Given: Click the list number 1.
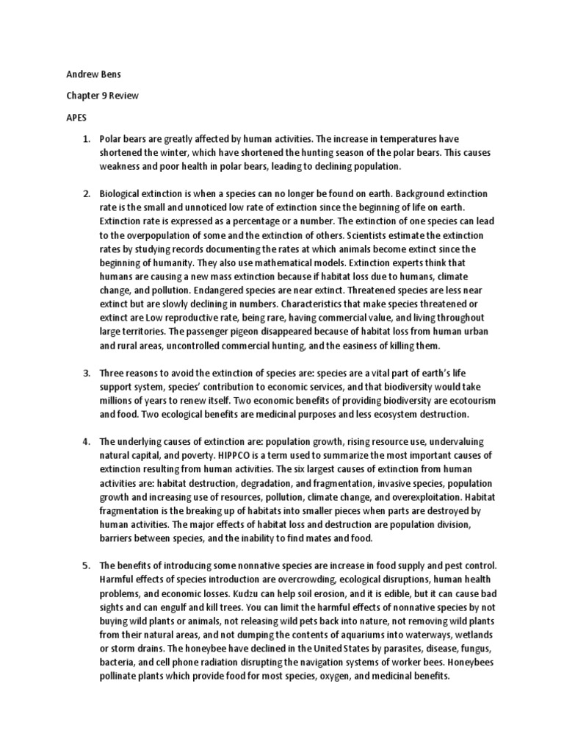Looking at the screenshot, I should point(85,139).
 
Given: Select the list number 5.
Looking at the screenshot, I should point(85,565).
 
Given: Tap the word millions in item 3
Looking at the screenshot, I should point(118,401).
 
